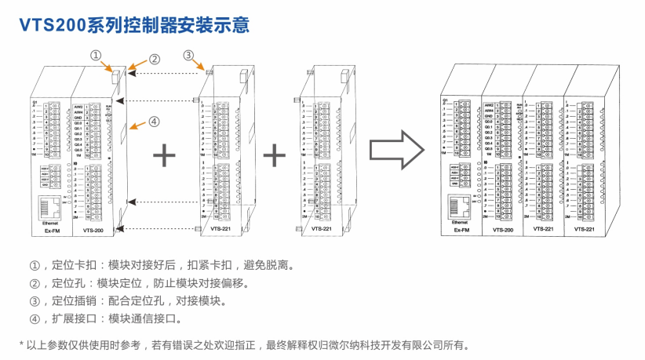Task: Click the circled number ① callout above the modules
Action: click(96, 56)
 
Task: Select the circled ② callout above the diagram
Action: click(155, 59)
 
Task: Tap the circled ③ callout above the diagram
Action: click(188, 56)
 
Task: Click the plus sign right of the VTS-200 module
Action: click(164, 155)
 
